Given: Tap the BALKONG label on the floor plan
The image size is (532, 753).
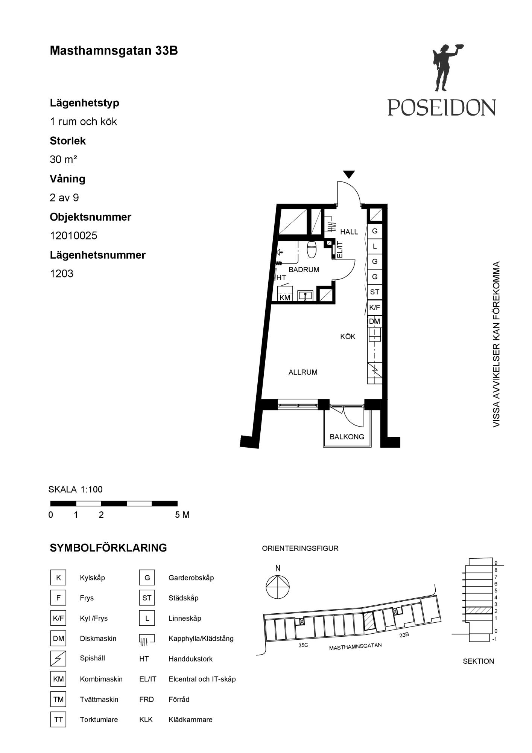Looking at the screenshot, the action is tap(347, 437).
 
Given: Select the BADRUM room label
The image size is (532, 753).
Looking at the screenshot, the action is tap(304, 270).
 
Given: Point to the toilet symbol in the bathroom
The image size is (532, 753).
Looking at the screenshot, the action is tap(312, 249).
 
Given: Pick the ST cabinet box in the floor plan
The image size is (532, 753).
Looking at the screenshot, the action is tap(375, 292).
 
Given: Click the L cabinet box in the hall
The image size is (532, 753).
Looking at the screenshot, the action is tap(375, 246).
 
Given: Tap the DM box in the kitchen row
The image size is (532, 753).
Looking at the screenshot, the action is tap(375, 321).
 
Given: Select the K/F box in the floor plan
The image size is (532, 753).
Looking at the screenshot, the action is tap(375, 308).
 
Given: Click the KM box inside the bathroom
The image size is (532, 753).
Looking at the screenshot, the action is tap(285, 297).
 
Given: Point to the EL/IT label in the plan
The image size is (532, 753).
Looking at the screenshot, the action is tap(340, 249).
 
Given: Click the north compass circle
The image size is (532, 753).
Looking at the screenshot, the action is tap(278, 587).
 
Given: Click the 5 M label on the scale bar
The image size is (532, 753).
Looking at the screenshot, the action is tap(182, 515).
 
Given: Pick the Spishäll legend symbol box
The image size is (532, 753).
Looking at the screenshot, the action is tap(58, 658).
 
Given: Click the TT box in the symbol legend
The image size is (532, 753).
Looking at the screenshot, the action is tap(58, 719).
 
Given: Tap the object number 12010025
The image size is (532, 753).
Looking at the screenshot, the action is tap(73, 236).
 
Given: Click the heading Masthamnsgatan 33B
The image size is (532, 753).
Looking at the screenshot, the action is tap(114, 50).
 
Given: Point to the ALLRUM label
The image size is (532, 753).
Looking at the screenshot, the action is tap(303, 372).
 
